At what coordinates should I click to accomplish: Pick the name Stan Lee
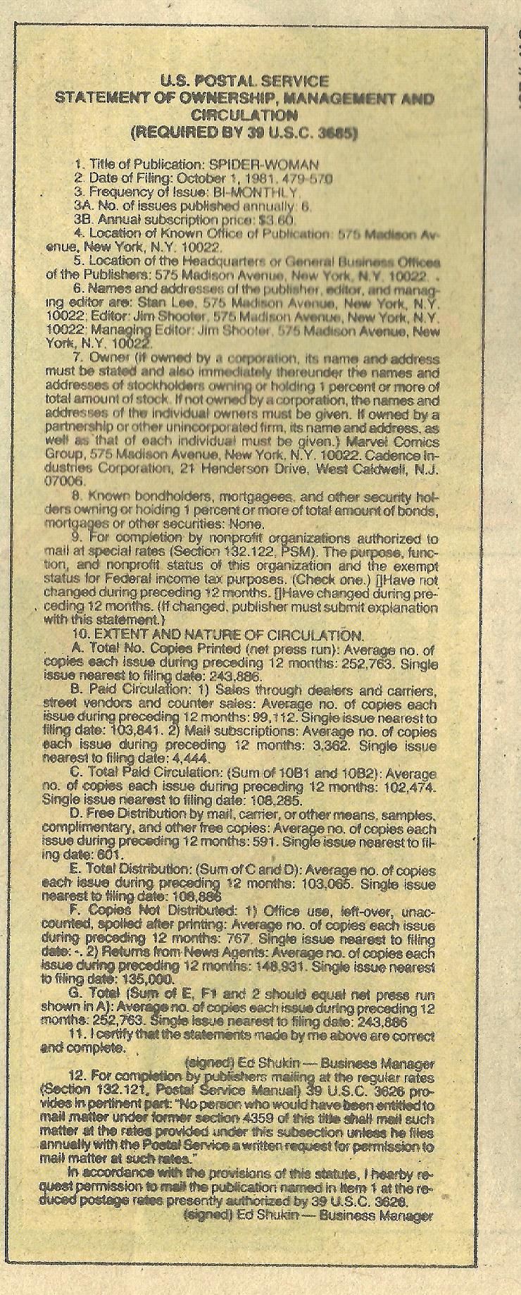[x=175, y=302]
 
